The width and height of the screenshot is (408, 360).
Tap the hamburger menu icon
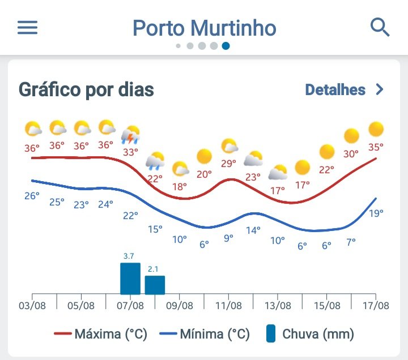[27, 28]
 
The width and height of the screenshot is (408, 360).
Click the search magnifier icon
[380, 27]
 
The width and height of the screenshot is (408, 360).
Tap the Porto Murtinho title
[204, 28]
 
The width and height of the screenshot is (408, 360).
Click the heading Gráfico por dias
[86, 89]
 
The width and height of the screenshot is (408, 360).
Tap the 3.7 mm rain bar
[130, 278]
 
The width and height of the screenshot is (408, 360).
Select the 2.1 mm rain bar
[155, 285]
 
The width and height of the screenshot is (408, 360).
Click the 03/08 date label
[32, 306]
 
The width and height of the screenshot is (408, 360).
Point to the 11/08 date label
[228, 306]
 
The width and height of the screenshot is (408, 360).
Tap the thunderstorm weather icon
[131, 135]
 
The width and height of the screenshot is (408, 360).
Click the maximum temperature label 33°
[130, 152]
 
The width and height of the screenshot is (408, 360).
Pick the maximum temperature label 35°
[376, 147]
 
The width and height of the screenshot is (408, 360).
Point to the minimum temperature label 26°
[32, 196]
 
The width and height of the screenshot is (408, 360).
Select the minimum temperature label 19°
[376, 213]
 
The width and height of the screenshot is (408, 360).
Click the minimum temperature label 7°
[351, 242]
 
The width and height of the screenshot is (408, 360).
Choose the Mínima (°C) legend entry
[205, 334]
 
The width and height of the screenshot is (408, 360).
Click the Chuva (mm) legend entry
[310, 334]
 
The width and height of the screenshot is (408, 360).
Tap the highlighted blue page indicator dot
[226, 46]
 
